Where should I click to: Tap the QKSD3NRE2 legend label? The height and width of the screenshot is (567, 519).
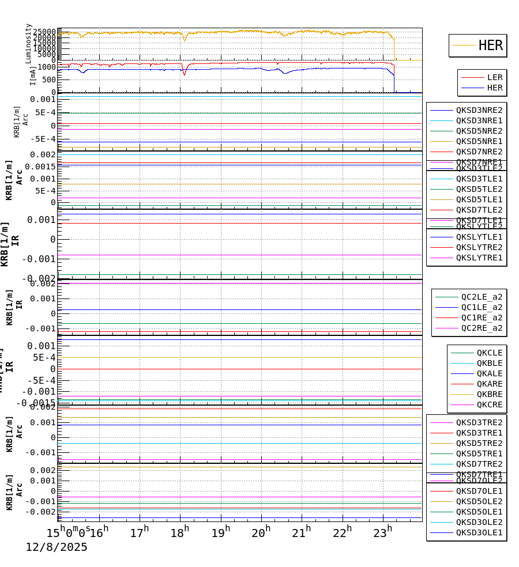pyautogui.click(x=479, y=110)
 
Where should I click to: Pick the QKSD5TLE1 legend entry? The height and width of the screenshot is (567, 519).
pyautogui.click(x=479, y=199)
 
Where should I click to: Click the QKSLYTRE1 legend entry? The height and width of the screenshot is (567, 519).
pyautogui.click(x=479, y=258)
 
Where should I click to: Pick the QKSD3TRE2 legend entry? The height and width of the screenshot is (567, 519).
pyautogui.click(x=479, y=422)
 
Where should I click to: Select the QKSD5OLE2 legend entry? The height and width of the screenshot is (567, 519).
pyautogui.click(x=479, y=501)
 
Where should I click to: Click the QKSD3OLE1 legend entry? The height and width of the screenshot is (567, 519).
pyautogui.click(x=479, y=532)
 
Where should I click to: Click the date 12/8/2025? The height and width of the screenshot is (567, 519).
pyautogui.click(x=57, y=547)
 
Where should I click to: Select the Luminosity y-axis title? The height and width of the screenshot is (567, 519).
pyautogui.click(x=28, y=43)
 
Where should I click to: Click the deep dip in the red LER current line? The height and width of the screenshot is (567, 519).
pyautogui.click(x=185, y=74)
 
